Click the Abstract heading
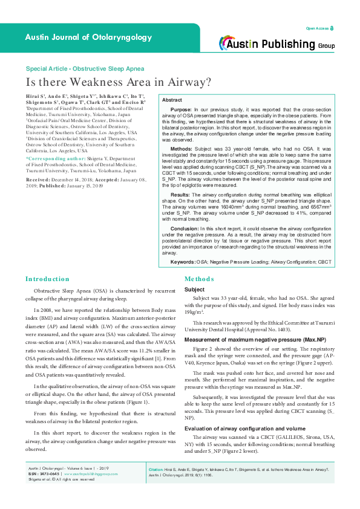[x=172, y=100]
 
